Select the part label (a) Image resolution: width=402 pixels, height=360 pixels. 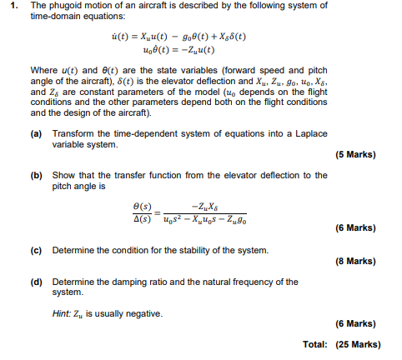(36, 133)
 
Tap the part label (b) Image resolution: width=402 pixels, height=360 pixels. (36, 176)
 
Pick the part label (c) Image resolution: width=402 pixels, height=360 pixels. (36, 249)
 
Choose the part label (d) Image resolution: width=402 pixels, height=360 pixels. (36, 282)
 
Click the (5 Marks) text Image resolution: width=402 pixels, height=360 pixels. (354, 155)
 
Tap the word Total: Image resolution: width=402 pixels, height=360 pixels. (315, 344)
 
